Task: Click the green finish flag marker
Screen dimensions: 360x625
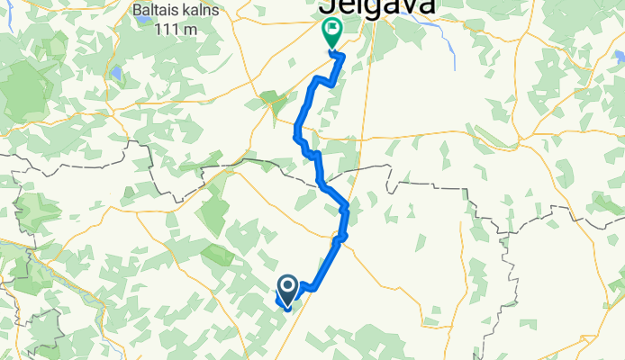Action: (331, 34)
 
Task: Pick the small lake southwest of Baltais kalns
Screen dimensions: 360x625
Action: (115, 72)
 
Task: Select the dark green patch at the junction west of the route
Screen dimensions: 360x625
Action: (269, 98)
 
